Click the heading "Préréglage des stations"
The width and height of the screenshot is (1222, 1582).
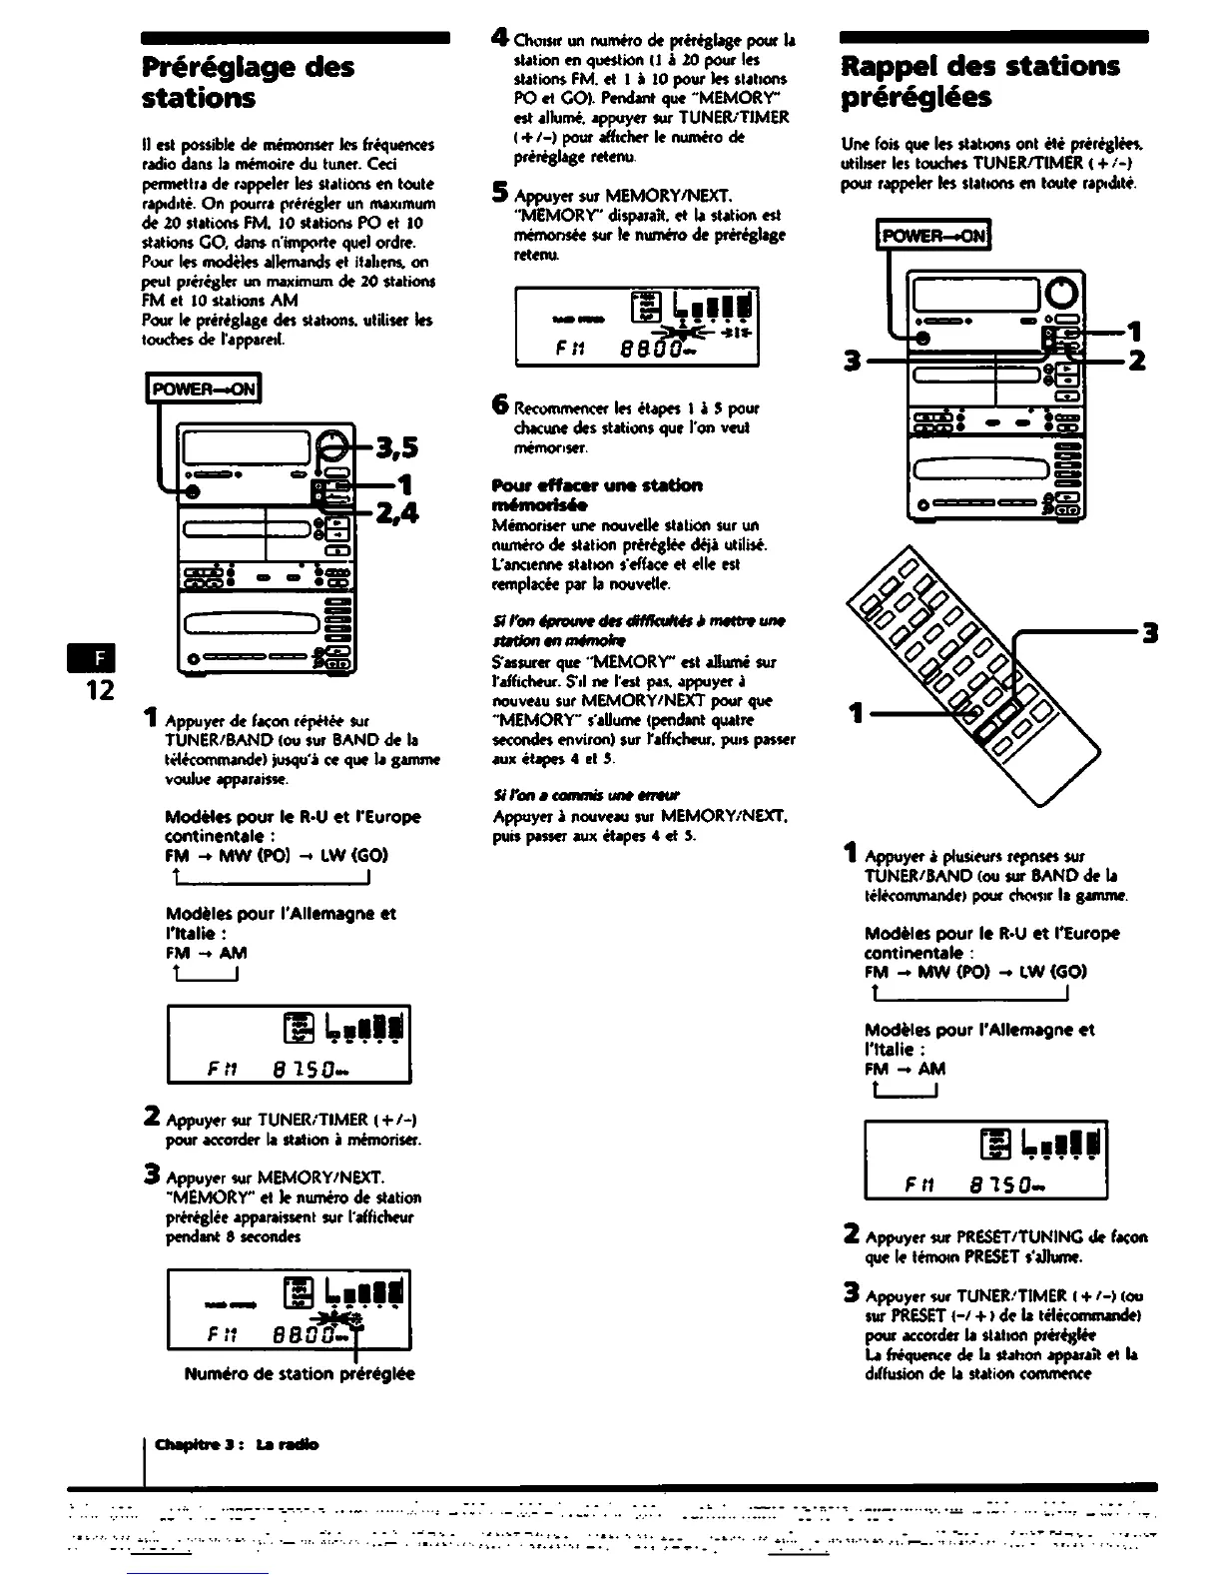click(x=248, y=83)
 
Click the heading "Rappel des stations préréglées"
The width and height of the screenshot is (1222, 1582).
click(x=980, y=82)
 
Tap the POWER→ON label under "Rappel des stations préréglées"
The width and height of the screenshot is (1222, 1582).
click(x=932, y=237)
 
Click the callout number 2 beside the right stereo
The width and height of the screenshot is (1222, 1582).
click(x=1136, y=361)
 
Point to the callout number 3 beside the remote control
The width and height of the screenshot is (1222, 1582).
click(x=1150, y=633)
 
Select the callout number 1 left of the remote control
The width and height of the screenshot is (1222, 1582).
click(x=855, y=713)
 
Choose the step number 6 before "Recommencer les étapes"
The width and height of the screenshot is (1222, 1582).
click(x=502, y=405)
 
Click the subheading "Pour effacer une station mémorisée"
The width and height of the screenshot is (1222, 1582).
click(x=597, y=494)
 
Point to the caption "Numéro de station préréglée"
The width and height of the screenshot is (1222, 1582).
click(x=300, y=1373)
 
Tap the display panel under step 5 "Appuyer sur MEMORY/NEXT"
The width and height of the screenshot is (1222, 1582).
click(x=637, y=326)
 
